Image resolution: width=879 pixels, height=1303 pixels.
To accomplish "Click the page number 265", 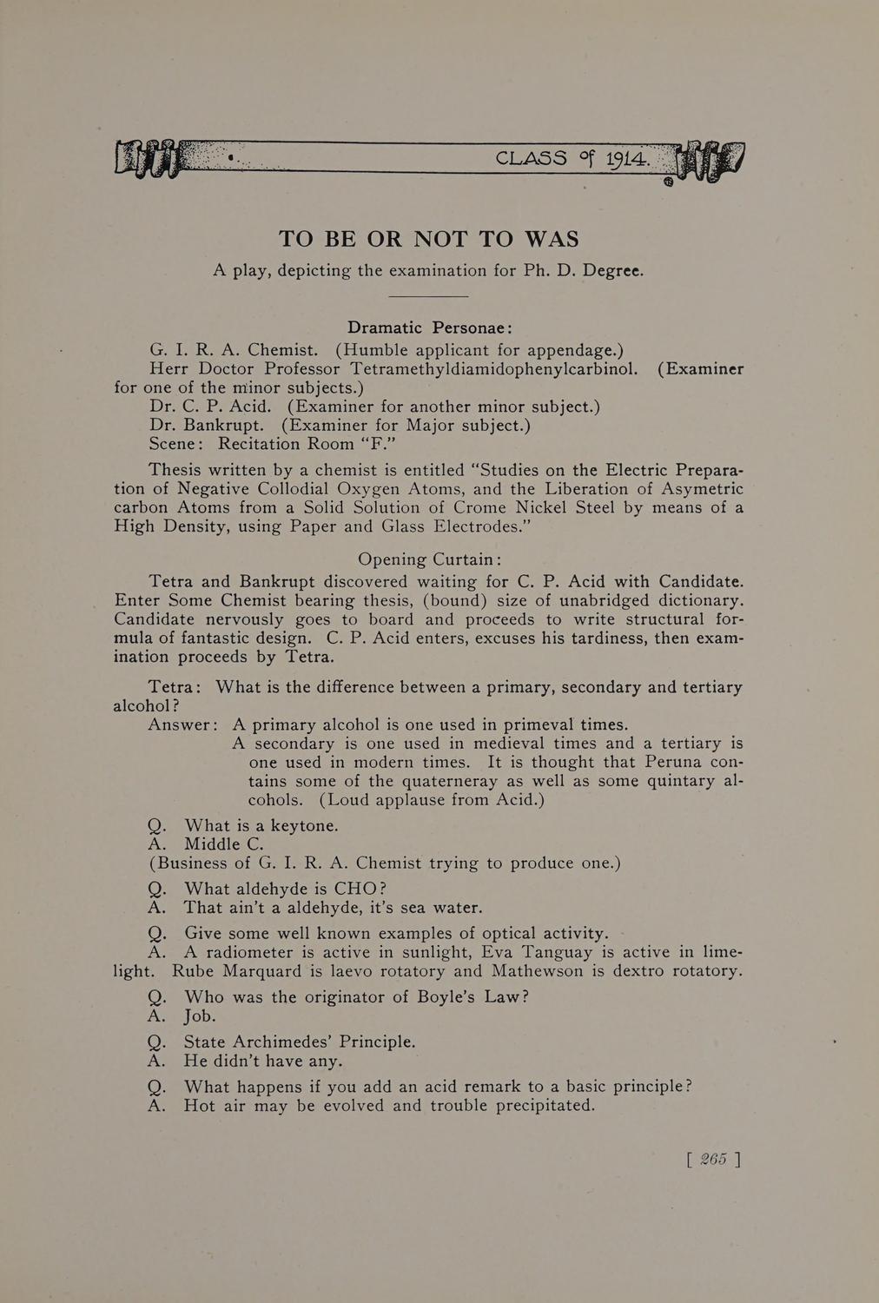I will coord(713,1159).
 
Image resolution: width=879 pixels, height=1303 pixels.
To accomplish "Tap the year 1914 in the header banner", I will coord(626,159).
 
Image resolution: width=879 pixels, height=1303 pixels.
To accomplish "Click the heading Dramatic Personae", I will coord(429,327).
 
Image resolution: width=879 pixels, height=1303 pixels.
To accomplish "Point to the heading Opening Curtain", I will coord(429,559).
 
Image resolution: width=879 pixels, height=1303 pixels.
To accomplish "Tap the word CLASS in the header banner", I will coord(531,158).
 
